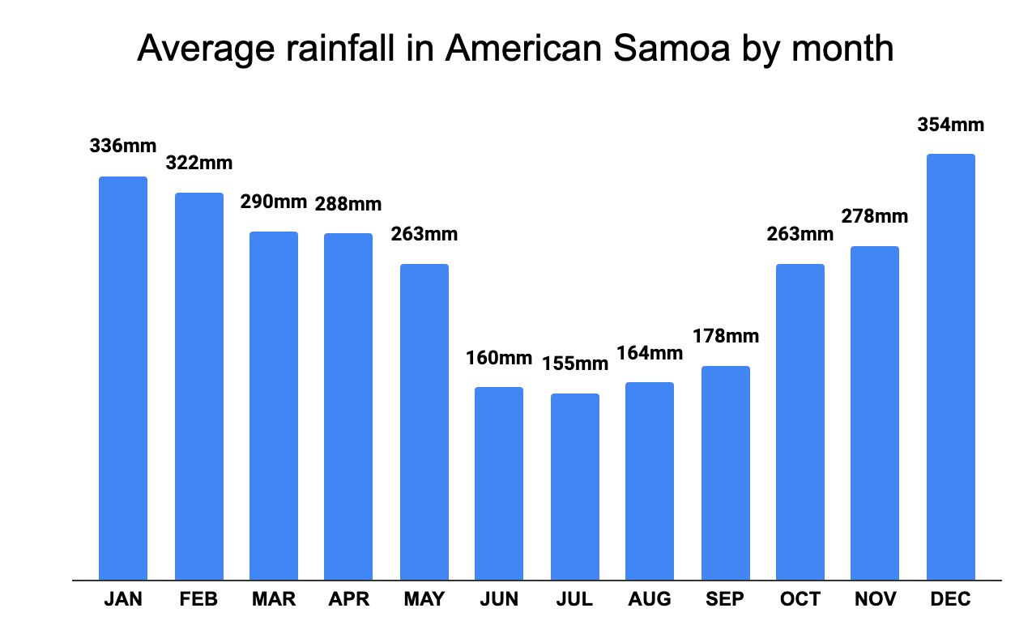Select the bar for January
pyautogui.click(x=123, y=378)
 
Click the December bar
pyautogui.click(x=951, y=367)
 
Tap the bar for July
pyautogui.click(x=574, y=487)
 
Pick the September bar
pyautogui.click(x=725, y=473)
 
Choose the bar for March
pyautogui.click(x=274, y=406)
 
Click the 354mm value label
pyautogui.click(x=950, y=125)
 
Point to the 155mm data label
pyautogui.click(x=574, y=364)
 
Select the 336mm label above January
pyautogui.click(x=122, y=147)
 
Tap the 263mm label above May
pyautogui.click(x=424, y=234)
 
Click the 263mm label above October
pyautogui.click(x=800, y=234)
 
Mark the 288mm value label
pyautogui.click(x=348, y=203)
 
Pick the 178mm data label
pyautogui.click(x=725, y=335)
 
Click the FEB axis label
pyautogui.click(x=198, y=599)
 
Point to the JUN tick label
pyautogui.click(x=499, y=599)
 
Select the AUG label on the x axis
pyautogui.click(x=649, y=599)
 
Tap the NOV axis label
pyautogui.click(x=875, y=599)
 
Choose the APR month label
pyautogui.click(x=348, y=599)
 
